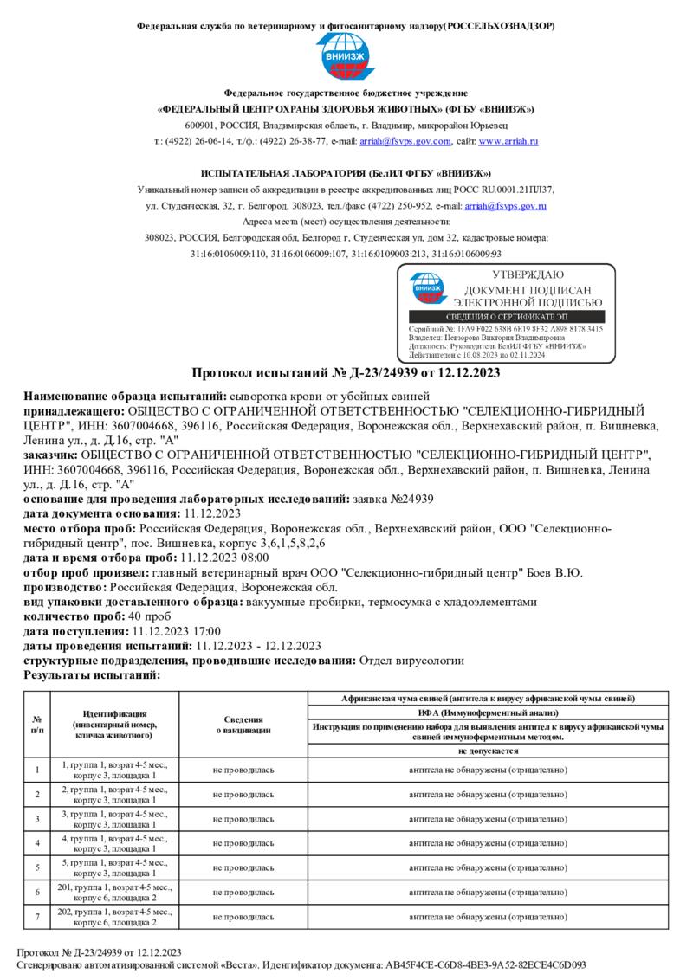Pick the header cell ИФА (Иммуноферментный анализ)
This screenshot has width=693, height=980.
[x=489, y=712]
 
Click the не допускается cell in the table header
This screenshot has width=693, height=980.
[x=489, y=751]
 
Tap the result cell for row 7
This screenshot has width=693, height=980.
[x=489, y=916]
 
